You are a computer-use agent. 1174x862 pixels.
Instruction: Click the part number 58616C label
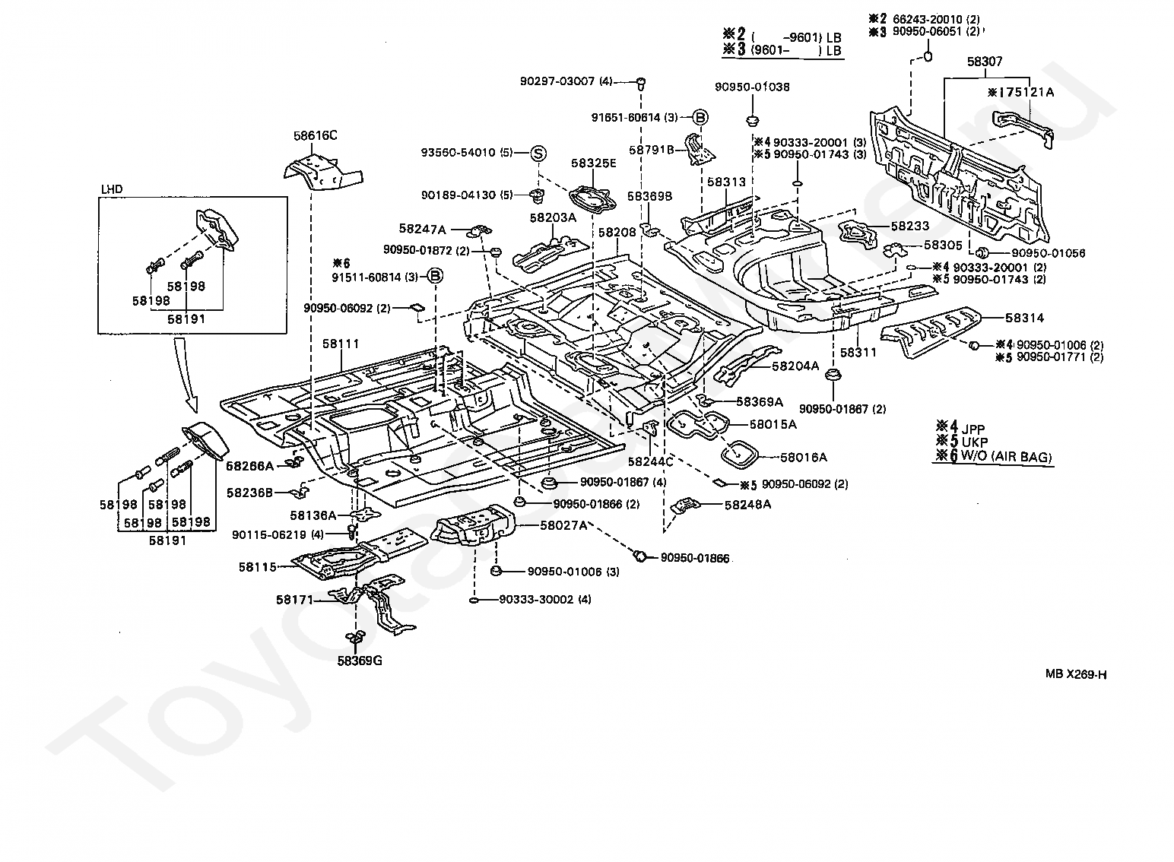pos(315,135)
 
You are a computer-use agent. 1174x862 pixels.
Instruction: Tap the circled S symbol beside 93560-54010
pos(538,153)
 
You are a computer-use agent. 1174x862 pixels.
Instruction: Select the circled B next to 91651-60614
pos(700,117)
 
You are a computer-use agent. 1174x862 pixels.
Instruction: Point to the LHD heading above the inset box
pos(112,189)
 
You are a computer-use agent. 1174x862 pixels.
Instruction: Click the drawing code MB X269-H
pos(1076,674)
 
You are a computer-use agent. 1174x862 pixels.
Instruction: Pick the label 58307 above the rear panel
pos(985,62)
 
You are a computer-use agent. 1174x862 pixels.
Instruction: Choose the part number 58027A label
pos(564,525)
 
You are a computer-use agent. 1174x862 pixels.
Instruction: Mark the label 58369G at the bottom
pos(360,661)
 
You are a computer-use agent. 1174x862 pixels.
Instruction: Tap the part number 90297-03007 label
pos(557,81)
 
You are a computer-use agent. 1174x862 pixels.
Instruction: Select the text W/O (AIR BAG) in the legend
pos(1006,456)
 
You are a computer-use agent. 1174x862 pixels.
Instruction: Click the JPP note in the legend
pos(973,429)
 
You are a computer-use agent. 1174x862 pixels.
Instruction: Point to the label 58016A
pos(804,458)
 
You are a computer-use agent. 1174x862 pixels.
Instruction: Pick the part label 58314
pos(1025,318)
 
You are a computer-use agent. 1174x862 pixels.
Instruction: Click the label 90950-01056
pos(1049,253)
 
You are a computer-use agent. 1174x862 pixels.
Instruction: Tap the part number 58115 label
pos(257,567)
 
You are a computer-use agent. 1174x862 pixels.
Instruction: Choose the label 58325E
pos(594,163)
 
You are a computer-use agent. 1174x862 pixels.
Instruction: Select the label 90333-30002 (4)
pos(545,599)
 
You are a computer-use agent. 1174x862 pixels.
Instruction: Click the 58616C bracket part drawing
pos(323,173)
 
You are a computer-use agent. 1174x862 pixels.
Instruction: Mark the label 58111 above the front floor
pos(341,344)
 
